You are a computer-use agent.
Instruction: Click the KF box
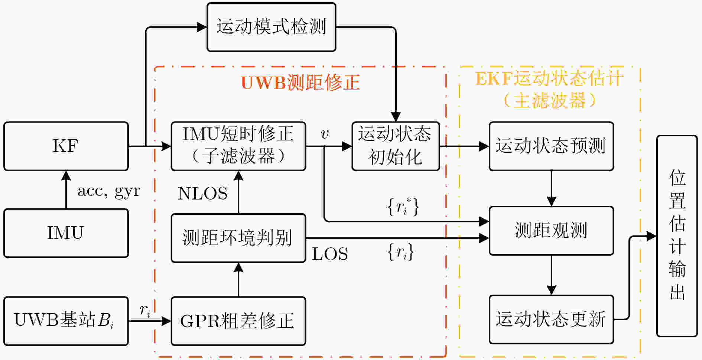pos(66,146)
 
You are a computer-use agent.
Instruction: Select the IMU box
pos(66,233)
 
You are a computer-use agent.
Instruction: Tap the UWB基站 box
pos(66,321)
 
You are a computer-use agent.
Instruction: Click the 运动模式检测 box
pos(271,27)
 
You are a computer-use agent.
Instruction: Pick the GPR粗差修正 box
pos(238,321)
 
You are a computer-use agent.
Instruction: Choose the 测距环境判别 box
pos(238,238)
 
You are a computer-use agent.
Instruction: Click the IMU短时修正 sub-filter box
pos(238,146)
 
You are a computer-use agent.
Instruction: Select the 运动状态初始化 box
pos(396,146)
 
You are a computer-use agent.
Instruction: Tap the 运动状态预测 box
pos(551,146)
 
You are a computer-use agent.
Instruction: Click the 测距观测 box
pos(551,230)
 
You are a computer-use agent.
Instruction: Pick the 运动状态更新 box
pos(551,319)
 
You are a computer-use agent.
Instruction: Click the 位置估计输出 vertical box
pos(677,236)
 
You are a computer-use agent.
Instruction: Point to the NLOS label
pos(202,194)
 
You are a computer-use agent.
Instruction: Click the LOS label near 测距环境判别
pos(329,254)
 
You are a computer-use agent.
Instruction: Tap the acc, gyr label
pos(108,191)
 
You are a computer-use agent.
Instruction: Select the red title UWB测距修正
pos(300,82)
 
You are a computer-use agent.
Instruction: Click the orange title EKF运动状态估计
pos(550,79)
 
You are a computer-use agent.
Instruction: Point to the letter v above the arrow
pos(325,134)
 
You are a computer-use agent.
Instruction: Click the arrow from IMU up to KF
pos(66,189)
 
